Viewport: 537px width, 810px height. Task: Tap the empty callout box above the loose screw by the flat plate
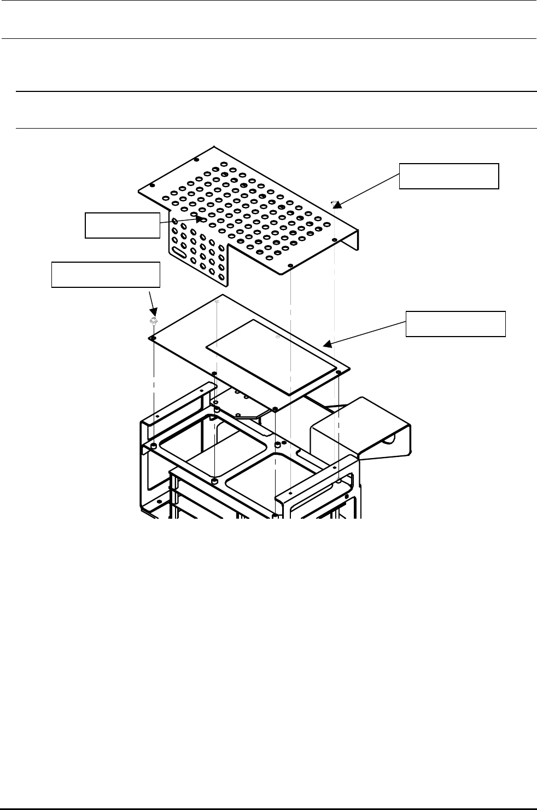click(x=106, y=275)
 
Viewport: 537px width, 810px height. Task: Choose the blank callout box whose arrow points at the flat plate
click(x=456, y=323)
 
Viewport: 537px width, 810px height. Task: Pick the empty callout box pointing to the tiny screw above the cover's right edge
click(x=449, y=176)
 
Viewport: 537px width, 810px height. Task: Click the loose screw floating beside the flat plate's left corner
click(x=154, y=320)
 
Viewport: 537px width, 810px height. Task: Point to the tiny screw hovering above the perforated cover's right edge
click(x=334, y=203)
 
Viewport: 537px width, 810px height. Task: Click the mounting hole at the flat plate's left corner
click(x=154, y=338)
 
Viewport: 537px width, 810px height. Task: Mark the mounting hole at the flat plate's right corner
click(x=338, y=372)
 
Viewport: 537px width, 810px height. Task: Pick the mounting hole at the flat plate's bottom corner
click(x=275, y=408)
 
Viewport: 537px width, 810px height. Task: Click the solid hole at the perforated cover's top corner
click(x=197, y=160)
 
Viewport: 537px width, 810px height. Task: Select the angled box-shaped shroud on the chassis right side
click(x=361, y=427)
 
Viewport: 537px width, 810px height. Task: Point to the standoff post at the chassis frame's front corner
click(x=215, y=481)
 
